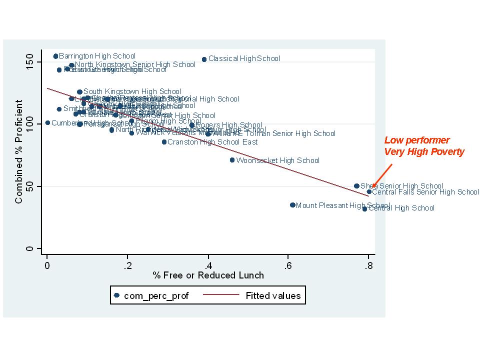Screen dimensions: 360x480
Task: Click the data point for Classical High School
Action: coord(204,59)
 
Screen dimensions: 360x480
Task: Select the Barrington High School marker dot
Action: coord(55,56)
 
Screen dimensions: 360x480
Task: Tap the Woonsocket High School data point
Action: coord(232,160)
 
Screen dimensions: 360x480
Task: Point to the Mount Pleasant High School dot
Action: coord(292,205)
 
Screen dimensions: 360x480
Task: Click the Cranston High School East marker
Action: coord(164,142)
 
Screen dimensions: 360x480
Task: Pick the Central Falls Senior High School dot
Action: coord(369,191)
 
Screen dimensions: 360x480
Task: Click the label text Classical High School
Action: coord(244,59)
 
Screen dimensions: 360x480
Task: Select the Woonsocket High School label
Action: coord(277,160)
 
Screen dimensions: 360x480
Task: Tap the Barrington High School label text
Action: coord(97,56)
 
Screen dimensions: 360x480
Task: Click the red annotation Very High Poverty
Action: coord(424,151)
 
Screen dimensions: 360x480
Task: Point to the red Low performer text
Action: coord(416,140)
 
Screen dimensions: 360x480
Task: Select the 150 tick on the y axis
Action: coord(30,62)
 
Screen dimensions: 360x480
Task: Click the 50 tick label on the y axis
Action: coord(30,186)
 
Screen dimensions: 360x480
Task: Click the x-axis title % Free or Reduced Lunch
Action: coord(208,275)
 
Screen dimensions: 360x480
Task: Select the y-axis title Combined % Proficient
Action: coord(19,151)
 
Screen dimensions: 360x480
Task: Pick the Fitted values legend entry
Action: coord(273,295)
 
